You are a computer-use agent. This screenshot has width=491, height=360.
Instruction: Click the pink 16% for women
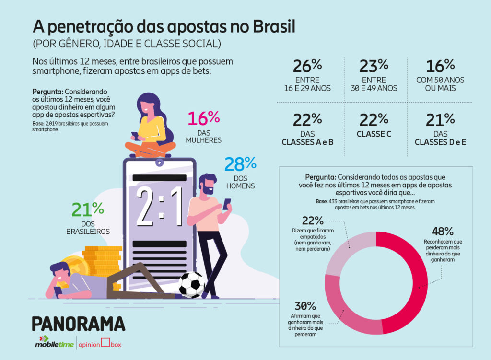pos(203,119)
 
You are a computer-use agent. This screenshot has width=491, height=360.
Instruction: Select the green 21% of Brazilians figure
pos(88,209)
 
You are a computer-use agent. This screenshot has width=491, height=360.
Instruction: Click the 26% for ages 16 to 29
pos(307,66)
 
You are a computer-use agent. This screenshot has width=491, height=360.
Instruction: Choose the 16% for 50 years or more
pos(439,66)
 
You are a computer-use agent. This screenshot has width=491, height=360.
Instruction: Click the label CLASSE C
pos(374,135)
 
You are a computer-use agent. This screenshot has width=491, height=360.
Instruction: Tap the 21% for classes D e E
pos(440,120)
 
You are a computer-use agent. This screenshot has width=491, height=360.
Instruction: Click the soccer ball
pos(192,285)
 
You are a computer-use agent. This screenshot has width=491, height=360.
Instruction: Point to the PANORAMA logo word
pos(78,324)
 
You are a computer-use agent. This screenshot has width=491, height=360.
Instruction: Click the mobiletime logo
pos(53,343)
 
